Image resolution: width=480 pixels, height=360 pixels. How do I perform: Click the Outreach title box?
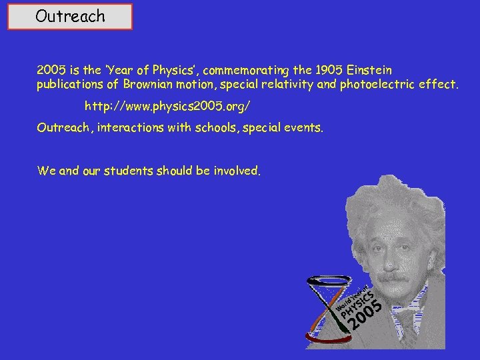pyautogui.click(x=70, y=17)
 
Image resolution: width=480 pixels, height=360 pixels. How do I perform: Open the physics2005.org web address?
pyautogui.click(x=169, y=107)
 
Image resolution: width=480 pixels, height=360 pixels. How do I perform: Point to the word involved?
pyautogui.click(x=237, y=171)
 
